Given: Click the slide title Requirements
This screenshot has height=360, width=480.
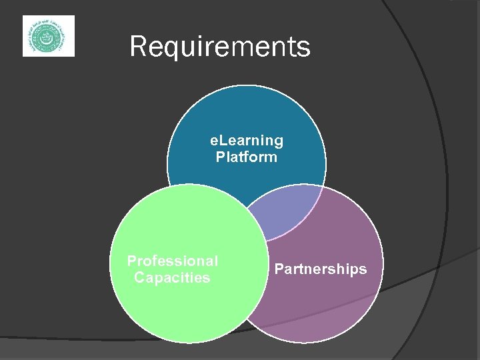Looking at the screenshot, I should tap(220, 47).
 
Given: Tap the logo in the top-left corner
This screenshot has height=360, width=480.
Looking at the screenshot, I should tap(49, 36).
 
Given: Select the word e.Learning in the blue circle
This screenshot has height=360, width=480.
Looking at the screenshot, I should tap(247, 141).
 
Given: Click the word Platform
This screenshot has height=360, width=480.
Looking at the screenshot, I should tap(247, 157).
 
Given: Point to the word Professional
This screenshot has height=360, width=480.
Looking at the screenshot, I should tap(173, 261).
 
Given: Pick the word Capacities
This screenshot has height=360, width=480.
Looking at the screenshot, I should tap(172, 277).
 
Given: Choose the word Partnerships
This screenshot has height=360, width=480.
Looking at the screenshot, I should tap(321, 269).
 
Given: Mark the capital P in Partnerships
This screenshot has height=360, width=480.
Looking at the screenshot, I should tap(279, 269).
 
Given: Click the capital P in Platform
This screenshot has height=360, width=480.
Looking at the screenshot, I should tap(220, 157).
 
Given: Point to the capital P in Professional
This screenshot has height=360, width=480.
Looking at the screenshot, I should tap(131, 261).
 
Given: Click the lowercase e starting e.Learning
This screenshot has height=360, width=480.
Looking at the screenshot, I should tap(214, 141).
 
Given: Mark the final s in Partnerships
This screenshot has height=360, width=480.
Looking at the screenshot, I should tap(363, 270).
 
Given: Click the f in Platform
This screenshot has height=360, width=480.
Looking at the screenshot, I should tap(244, 157).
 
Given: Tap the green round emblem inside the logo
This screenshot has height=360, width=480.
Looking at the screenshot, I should tap(48, 36).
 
